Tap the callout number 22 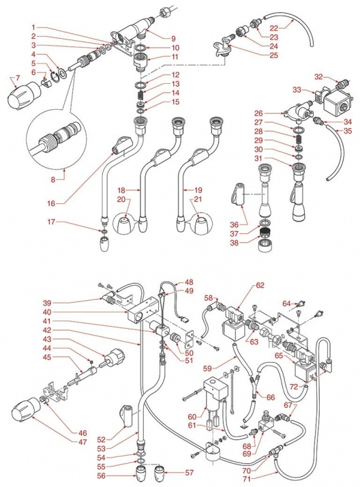(273, 28)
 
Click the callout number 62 (260, 285)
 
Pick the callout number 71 (247, 479)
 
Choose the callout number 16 (51, 203)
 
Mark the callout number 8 (53, 179)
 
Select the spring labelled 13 (141, 93)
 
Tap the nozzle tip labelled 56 (140, 473)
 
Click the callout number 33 (297, 90)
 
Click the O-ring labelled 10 (141, 48)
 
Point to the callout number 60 (192, 416)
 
